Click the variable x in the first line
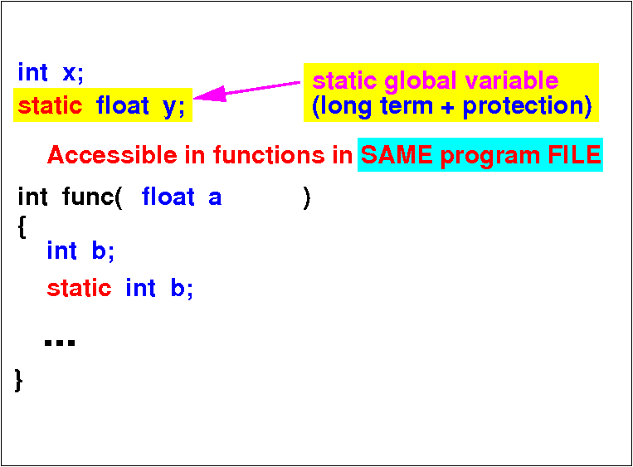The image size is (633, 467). tap(70, 73)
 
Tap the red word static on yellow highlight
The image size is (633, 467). tap(50, 105)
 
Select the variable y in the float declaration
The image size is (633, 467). tap(169, 108)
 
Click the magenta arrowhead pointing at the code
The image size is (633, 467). tap(209, 95)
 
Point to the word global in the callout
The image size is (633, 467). tap(421, 81)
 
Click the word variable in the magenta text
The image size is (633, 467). tap(512, 80)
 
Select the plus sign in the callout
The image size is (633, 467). tap(447, 108)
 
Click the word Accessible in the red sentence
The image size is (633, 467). tap(112, 154)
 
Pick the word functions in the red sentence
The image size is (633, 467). tap(269, 154)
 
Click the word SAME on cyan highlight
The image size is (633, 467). tap(397, 154)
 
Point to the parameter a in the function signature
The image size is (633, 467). tap(215, 198)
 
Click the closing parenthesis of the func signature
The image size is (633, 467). tap(307, 197)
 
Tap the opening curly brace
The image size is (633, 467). tap(22, 227)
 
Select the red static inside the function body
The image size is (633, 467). tap(79, 288)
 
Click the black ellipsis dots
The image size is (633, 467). tap(60, 343)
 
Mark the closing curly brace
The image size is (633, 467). tap(18, 380)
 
